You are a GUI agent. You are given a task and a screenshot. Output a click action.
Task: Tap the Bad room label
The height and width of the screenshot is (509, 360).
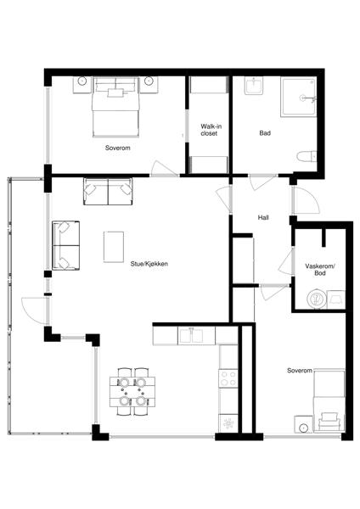(265, 133)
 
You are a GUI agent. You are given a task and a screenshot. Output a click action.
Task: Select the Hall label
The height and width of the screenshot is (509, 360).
(263, 217)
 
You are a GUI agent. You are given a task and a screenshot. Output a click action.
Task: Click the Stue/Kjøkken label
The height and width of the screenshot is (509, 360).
(149, 264)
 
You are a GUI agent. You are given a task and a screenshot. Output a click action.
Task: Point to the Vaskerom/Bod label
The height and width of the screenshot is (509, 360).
(320, 270)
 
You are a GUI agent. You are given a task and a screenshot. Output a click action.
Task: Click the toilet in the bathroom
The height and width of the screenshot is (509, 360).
(307, 156)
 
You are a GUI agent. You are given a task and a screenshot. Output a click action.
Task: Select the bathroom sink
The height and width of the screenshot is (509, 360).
(253, 86)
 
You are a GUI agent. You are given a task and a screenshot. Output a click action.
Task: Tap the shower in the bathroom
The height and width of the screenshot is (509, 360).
(299, 97)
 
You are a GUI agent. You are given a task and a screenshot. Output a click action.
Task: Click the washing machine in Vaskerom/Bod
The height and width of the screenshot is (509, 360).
(317, 299)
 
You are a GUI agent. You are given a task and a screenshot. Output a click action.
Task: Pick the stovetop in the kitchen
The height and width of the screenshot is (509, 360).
(228, 378)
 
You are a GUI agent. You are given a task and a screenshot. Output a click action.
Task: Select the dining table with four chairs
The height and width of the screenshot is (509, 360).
(132, 391)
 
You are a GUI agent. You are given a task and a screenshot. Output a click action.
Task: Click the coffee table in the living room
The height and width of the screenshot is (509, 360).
(114, 247)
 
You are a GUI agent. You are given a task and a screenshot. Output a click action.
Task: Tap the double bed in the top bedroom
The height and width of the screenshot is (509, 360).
(116, 107)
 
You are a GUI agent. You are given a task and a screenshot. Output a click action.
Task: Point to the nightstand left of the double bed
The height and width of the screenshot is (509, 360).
(82, 85)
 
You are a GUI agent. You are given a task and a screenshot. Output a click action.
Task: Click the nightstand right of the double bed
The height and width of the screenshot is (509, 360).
(149, 85)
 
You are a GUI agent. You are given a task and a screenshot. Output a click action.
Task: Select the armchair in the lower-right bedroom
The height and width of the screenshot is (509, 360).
(329, 422)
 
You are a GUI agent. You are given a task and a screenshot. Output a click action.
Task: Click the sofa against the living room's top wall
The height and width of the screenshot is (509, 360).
(108, 191)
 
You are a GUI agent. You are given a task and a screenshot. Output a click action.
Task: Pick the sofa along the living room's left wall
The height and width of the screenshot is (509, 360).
(66, 245)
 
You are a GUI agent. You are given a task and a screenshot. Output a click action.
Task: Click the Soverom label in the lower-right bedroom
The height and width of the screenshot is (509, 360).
(300, 371)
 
